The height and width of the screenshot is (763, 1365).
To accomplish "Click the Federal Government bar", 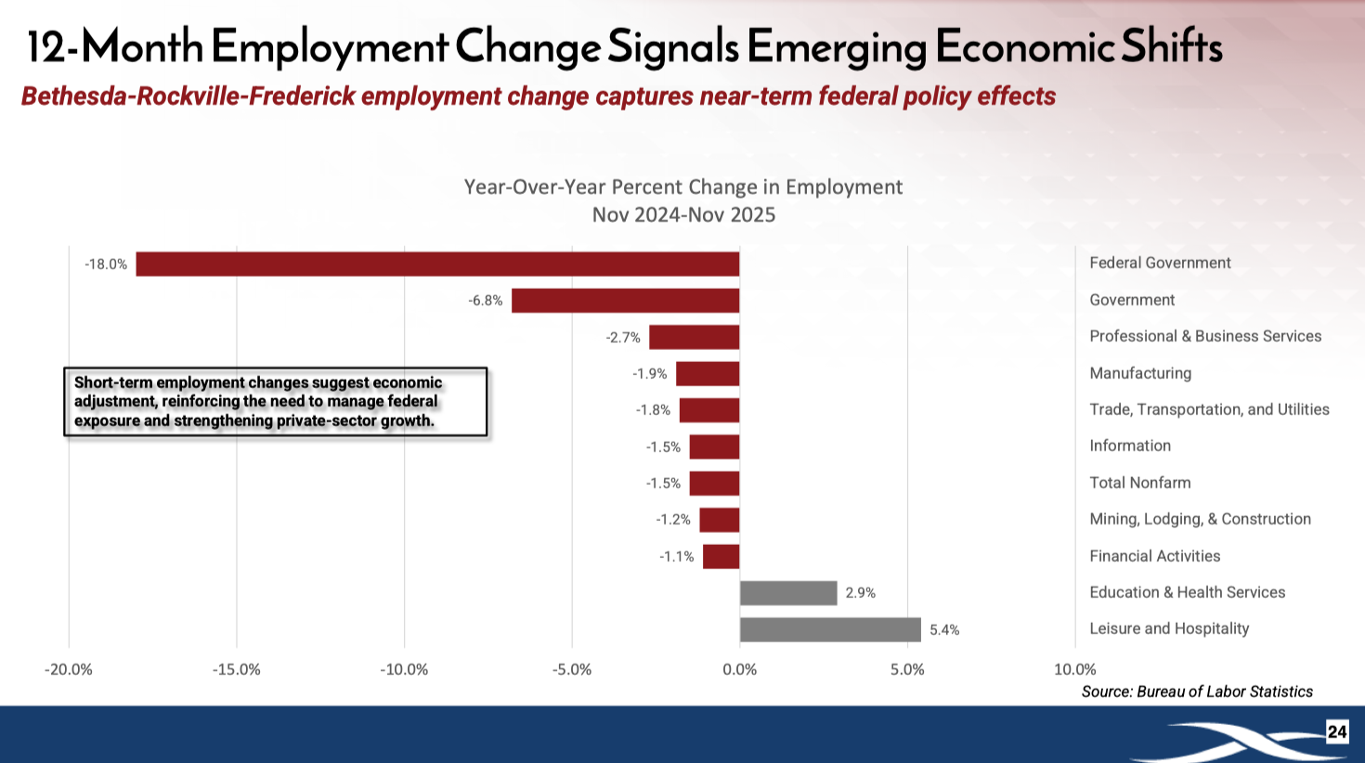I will tap(437, 264).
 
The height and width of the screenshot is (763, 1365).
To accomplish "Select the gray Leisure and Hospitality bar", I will tap(830, 629).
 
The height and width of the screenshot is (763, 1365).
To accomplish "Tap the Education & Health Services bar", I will tap(788, 593).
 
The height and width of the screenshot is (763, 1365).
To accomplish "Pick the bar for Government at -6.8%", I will tap(625, 301).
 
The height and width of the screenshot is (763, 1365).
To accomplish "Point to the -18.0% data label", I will tap(106, 265).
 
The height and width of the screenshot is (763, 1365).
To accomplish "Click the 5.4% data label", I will tap(944, 630).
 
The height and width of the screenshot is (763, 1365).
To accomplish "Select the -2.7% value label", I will tap(623, 338).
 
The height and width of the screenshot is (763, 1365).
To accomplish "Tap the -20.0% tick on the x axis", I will tap(69, 669).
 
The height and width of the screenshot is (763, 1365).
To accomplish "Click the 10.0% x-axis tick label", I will tap(1074, 669).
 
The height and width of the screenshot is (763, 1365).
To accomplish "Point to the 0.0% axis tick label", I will tap(739, 669).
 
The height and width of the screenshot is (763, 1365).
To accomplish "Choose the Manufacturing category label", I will tap(1140, 373).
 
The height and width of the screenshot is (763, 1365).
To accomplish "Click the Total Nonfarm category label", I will tap(1139, 483).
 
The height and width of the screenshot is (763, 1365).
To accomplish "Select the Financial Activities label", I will tap(1154, 556).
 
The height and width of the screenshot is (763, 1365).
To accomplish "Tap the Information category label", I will tap(1130, 446).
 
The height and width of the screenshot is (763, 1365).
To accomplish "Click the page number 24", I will tap(1336, 731).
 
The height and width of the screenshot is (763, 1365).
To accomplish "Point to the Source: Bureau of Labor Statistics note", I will tap(1197, 692).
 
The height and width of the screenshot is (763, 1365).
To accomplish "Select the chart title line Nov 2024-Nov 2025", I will tap(683, 215).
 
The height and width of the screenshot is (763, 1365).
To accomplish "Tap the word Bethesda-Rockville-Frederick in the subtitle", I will tap(188, 97).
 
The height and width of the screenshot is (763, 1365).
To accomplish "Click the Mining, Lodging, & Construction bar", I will tap(720, 520).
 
